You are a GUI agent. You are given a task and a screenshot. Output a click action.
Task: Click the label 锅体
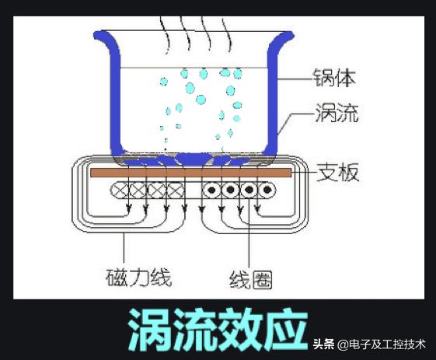point(334,77)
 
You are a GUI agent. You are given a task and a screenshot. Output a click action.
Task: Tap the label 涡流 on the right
point(337,113)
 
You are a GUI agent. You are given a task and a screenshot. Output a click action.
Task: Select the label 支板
point(338,172)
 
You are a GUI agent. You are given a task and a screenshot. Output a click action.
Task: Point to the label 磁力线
point(138,278)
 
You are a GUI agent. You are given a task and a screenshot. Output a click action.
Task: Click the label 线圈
point(251,280)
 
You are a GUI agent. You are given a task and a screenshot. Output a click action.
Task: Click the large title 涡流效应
point(218,329)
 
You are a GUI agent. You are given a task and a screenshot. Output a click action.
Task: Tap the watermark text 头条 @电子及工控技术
point(369,344)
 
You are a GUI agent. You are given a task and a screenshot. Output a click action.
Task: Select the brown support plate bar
point(191,173)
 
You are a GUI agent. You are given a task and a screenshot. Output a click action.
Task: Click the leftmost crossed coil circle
point(120,190)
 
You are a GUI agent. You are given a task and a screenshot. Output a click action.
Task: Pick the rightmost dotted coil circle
point(267,190)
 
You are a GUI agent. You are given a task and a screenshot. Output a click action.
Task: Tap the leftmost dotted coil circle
point(211,190)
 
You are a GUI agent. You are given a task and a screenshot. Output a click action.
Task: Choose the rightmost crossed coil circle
point(176,190)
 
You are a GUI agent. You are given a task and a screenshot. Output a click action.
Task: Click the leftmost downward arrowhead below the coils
point(128,208)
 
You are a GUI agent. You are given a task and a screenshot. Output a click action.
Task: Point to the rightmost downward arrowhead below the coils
point(258,208)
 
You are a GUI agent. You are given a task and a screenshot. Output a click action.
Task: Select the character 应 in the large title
point(287,329)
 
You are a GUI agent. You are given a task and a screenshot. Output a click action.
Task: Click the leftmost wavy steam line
point(164,35)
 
